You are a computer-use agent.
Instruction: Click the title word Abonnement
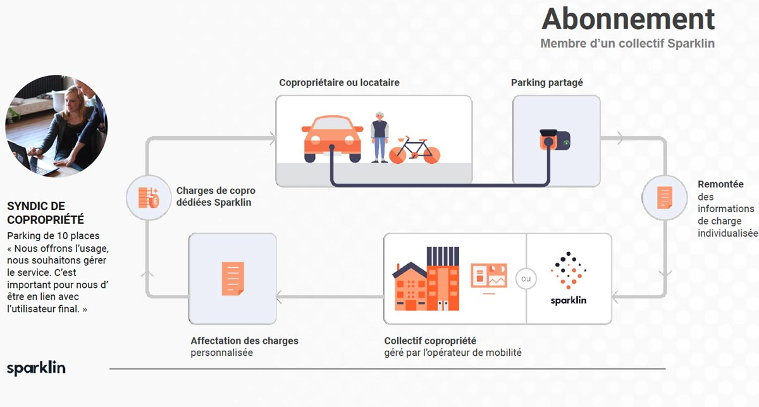[627, 19]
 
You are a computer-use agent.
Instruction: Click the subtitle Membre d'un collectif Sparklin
[627, 44]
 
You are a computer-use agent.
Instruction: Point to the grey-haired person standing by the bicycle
[379, 136]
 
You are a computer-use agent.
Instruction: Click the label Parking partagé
[546, 82]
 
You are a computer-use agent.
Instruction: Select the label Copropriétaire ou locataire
[339, 82]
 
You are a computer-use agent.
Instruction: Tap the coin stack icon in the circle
[149, 197]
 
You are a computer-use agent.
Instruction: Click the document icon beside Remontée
[664, 197]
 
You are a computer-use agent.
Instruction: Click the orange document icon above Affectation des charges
[232, 279]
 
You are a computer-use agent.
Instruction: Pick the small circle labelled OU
[526, 279]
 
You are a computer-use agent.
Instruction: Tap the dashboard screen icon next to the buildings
[489, 277]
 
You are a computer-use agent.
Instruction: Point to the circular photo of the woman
[56, 127]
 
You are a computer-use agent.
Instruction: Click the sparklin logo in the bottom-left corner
[36, 368]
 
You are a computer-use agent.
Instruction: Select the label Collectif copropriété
[430, 341]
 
